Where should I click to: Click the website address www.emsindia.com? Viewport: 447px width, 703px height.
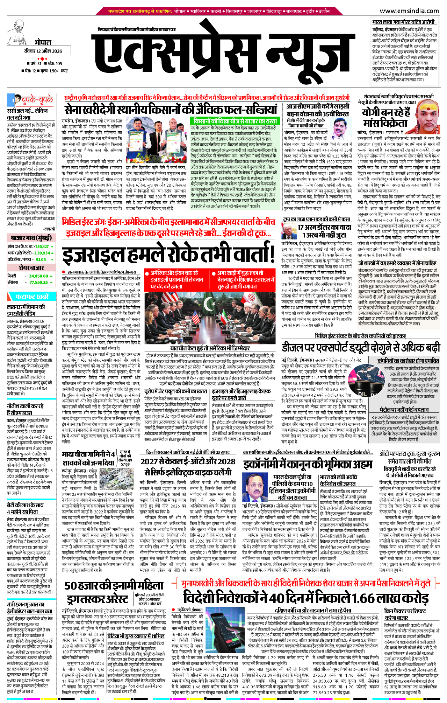click(409, 11)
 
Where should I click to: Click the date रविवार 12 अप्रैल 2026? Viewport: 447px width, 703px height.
click(43, 51)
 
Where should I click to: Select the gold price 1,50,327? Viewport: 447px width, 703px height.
click(42, 246)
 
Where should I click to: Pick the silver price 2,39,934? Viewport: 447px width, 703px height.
click(42, 253)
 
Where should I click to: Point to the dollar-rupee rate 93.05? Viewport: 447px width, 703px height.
click(41, 259)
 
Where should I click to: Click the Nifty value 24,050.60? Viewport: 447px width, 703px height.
click(38, 276)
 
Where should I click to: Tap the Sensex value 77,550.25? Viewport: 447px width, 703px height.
click(38, 282)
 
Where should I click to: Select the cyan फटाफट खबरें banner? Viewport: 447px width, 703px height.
click(31, 297)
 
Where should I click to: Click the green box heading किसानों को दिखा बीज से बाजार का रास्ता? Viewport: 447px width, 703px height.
click(235, 121)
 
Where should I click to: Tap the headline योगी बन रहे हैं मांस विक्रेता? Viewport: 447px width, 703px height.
click(386, 118)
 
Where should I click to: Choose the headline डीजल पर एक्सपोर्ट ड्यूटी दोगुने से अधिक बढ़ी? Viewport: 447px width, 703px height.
click(361, 348)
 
